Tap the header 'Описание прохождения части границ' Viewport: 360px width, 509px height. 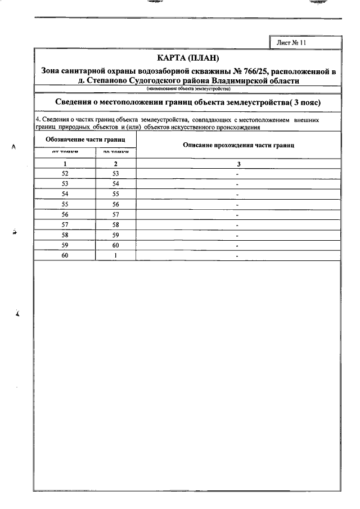click(238, 145)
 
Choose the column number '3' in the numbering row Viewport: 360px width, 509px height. click(238, 164)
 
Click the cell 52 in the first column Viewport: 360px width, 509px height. click(65, 174)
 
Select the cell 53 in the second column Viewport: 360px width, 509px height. click(116, 174)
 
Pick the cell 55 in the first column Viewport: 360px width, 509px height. click(65, 204)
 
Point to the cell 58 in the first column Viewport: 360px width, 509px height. click(65, 235)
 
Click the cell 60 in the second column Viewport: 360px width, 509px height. click(116, 245)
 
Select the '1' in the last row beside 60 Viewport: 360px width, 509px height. click(116, 255)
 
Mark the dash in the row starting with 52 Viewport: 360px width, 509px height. click(238, 174)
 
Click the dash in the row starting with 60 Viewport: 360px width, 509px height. click(238, 256)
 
